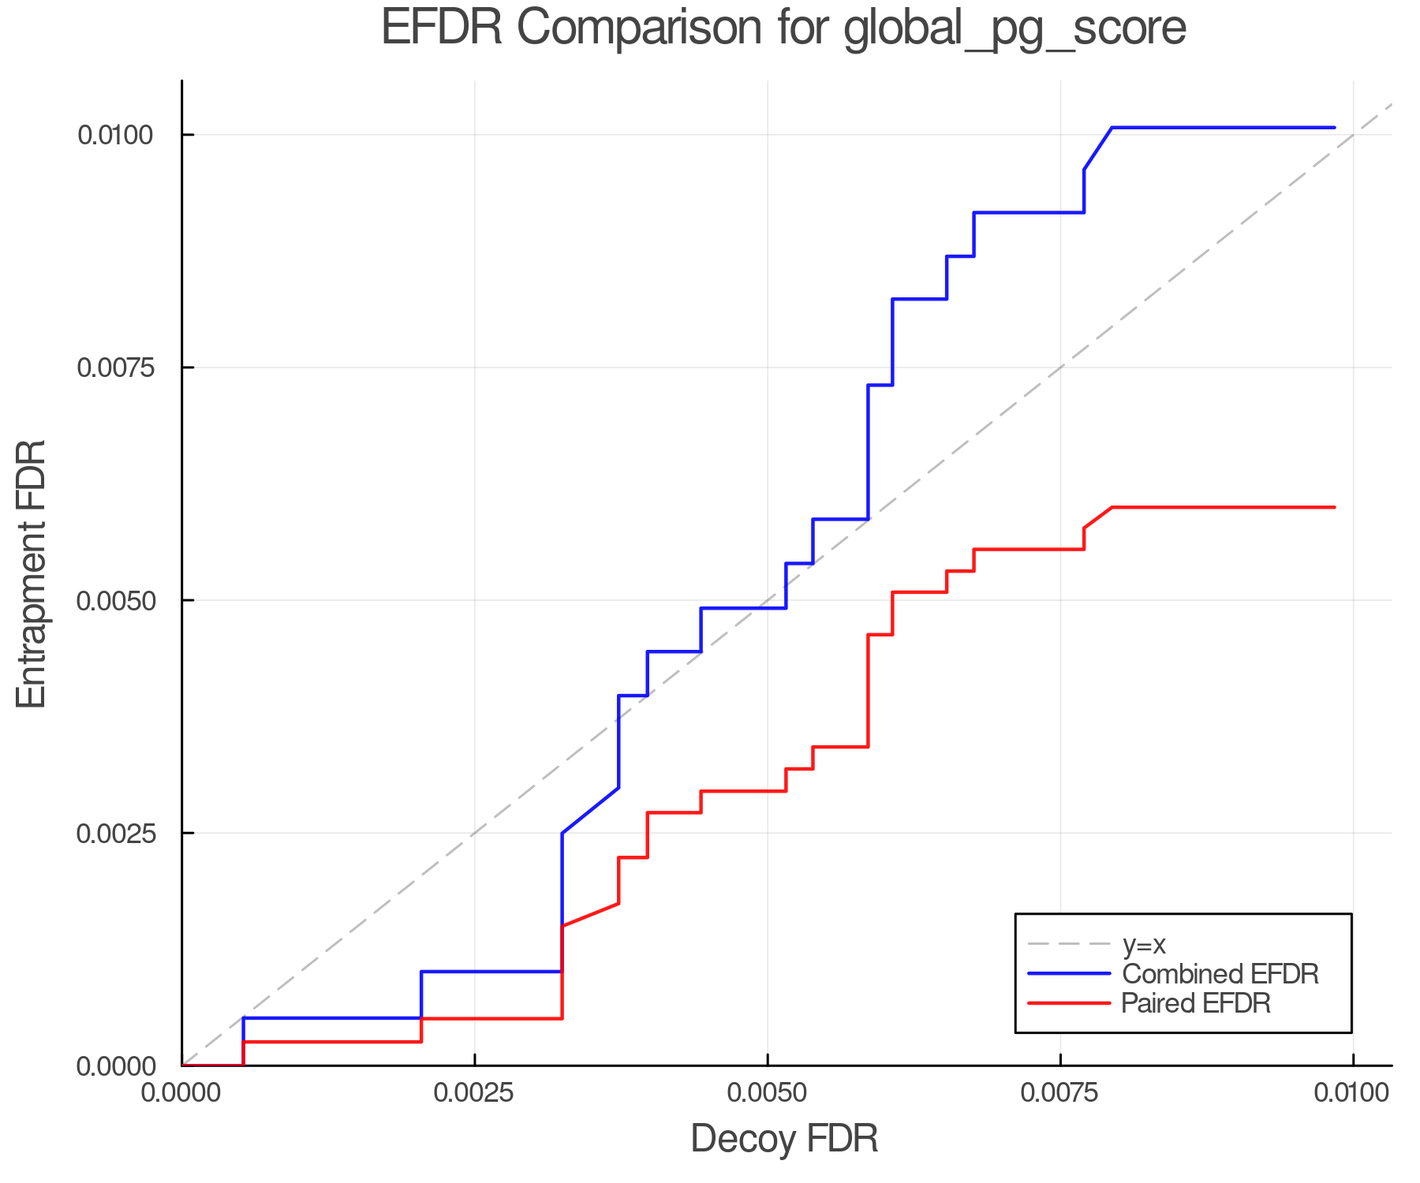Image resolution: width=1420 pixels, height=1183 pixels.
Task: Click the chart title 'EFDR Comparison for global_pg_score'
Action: [783, 28]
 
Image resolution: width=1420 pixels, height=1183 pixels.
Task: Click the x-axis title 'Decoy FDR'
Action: [784, 1139]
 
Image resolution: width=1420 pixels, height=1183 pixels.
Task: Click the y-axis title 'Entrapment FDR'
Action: [32, 573]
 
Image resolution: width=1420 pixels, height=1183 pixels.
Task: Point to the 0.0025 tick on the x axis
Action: [474, 1093]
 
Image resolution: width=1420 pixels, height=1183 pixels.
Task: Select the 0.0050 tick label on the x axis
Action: [767, 1093]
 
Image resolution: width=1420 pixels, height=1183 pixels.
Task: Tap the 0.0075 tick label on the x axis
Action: [1060, 1093]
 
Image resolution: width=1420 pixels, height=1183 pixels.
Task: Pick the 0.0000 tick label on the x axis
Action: [181, 1093]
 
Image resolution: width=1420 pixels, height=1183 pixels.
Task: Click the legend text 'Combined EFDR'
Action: [1220, 974]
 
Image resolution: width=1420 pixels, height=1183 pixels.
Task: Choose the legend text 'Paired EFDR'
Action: [1196, 1003]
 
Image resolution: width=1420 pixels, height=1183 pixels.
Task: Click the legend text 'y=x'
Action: [1144, 944]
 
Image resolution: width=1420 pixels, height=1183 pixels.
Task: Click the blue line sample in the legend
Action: [1069, 974]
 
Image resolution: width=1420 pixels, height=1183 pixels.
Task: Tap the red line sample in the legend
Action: [1069, 1003]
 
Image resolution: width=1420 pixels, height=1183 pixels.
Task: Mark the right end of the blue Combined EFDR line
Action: [1334, 128]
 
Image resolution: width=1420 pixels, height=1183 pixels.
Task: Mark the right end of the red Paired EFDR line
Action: [1334, 507]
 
